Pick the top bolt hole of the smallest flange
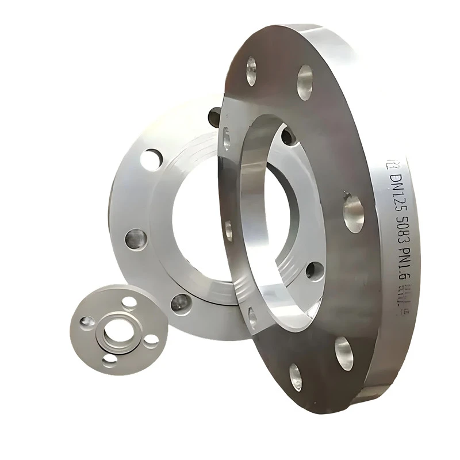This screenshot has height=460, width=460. (130, 301)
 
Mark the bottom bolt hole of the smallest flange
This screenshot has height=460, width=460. (109, 360)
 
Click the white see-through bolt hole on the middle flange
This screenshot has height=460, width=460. (152, 159)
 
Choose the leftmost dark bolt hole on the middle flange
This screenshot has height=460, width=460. (136, 238)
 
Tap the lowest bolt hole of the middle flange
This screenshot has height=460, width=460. (181, 302)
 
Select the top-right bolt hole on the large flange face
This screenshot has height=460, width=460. (305, 75)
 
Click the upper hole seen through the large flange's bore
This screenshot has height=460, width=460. (288, 136)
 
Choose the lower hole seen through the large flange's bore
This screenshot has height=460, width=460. (315, 270)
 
